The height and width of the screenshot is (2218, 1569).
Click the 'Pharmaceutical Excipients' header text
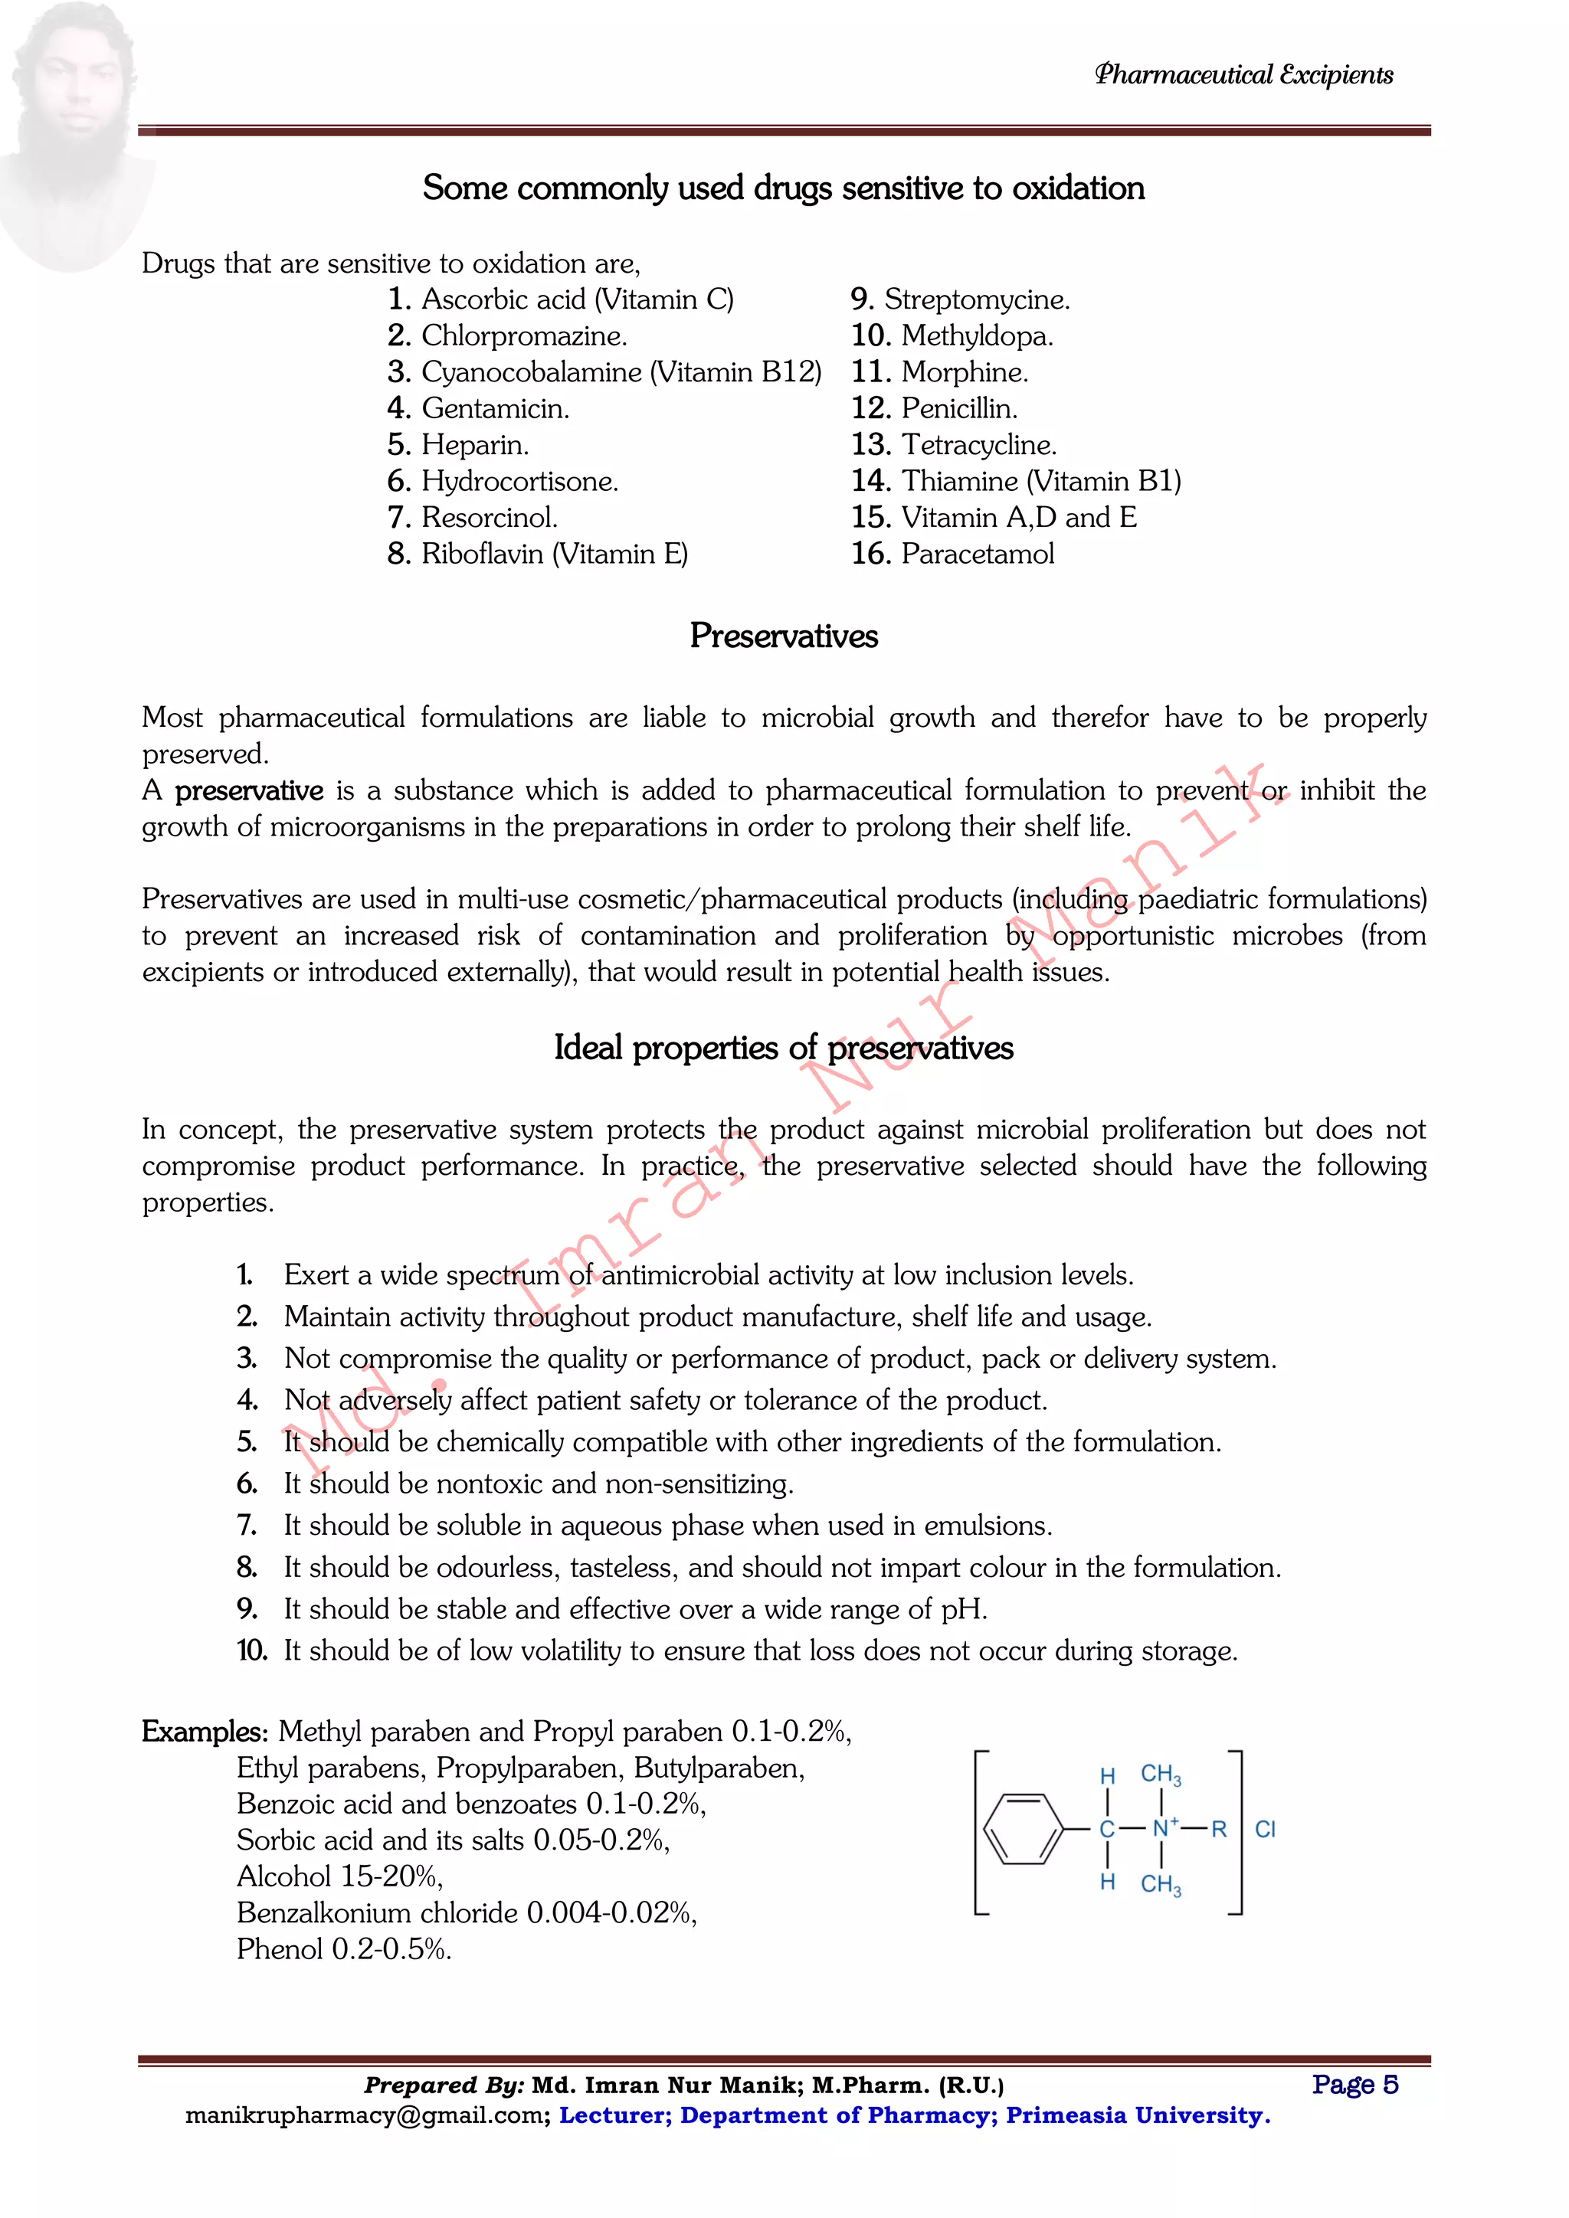(1243, 75)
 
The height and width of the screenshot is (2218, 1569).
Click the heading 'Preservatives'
(784, 636)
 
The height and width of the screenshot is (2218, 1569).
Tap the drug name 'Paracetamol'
(977, 554)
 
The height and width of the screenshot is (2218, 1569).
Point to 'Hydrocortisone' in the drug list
(519, 481)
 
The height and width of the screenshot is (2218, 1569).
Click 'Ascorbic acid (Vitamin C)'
(577, 299)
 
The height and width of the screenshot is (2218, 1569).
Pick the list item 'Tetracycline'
(978, 444)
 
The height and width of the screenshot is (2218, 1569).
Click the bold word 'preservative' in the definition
(248, 790)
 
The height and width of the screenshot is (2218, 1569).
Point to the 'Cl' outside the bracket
(1265, 1829)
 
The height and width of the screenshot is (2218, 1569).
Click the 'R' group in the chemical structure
(1218, 1829)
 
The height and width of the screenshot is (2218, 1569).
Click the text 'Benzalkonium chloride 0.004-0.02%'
(466, 1912)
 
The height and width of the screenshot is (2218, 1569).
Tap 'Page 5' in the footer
(1354, 2084)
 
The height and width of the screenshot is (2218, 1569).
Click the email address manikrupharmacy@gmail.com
(367, 2115)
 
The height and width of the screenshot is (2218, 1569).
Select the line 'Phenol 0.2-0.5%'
(344, 1949)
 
